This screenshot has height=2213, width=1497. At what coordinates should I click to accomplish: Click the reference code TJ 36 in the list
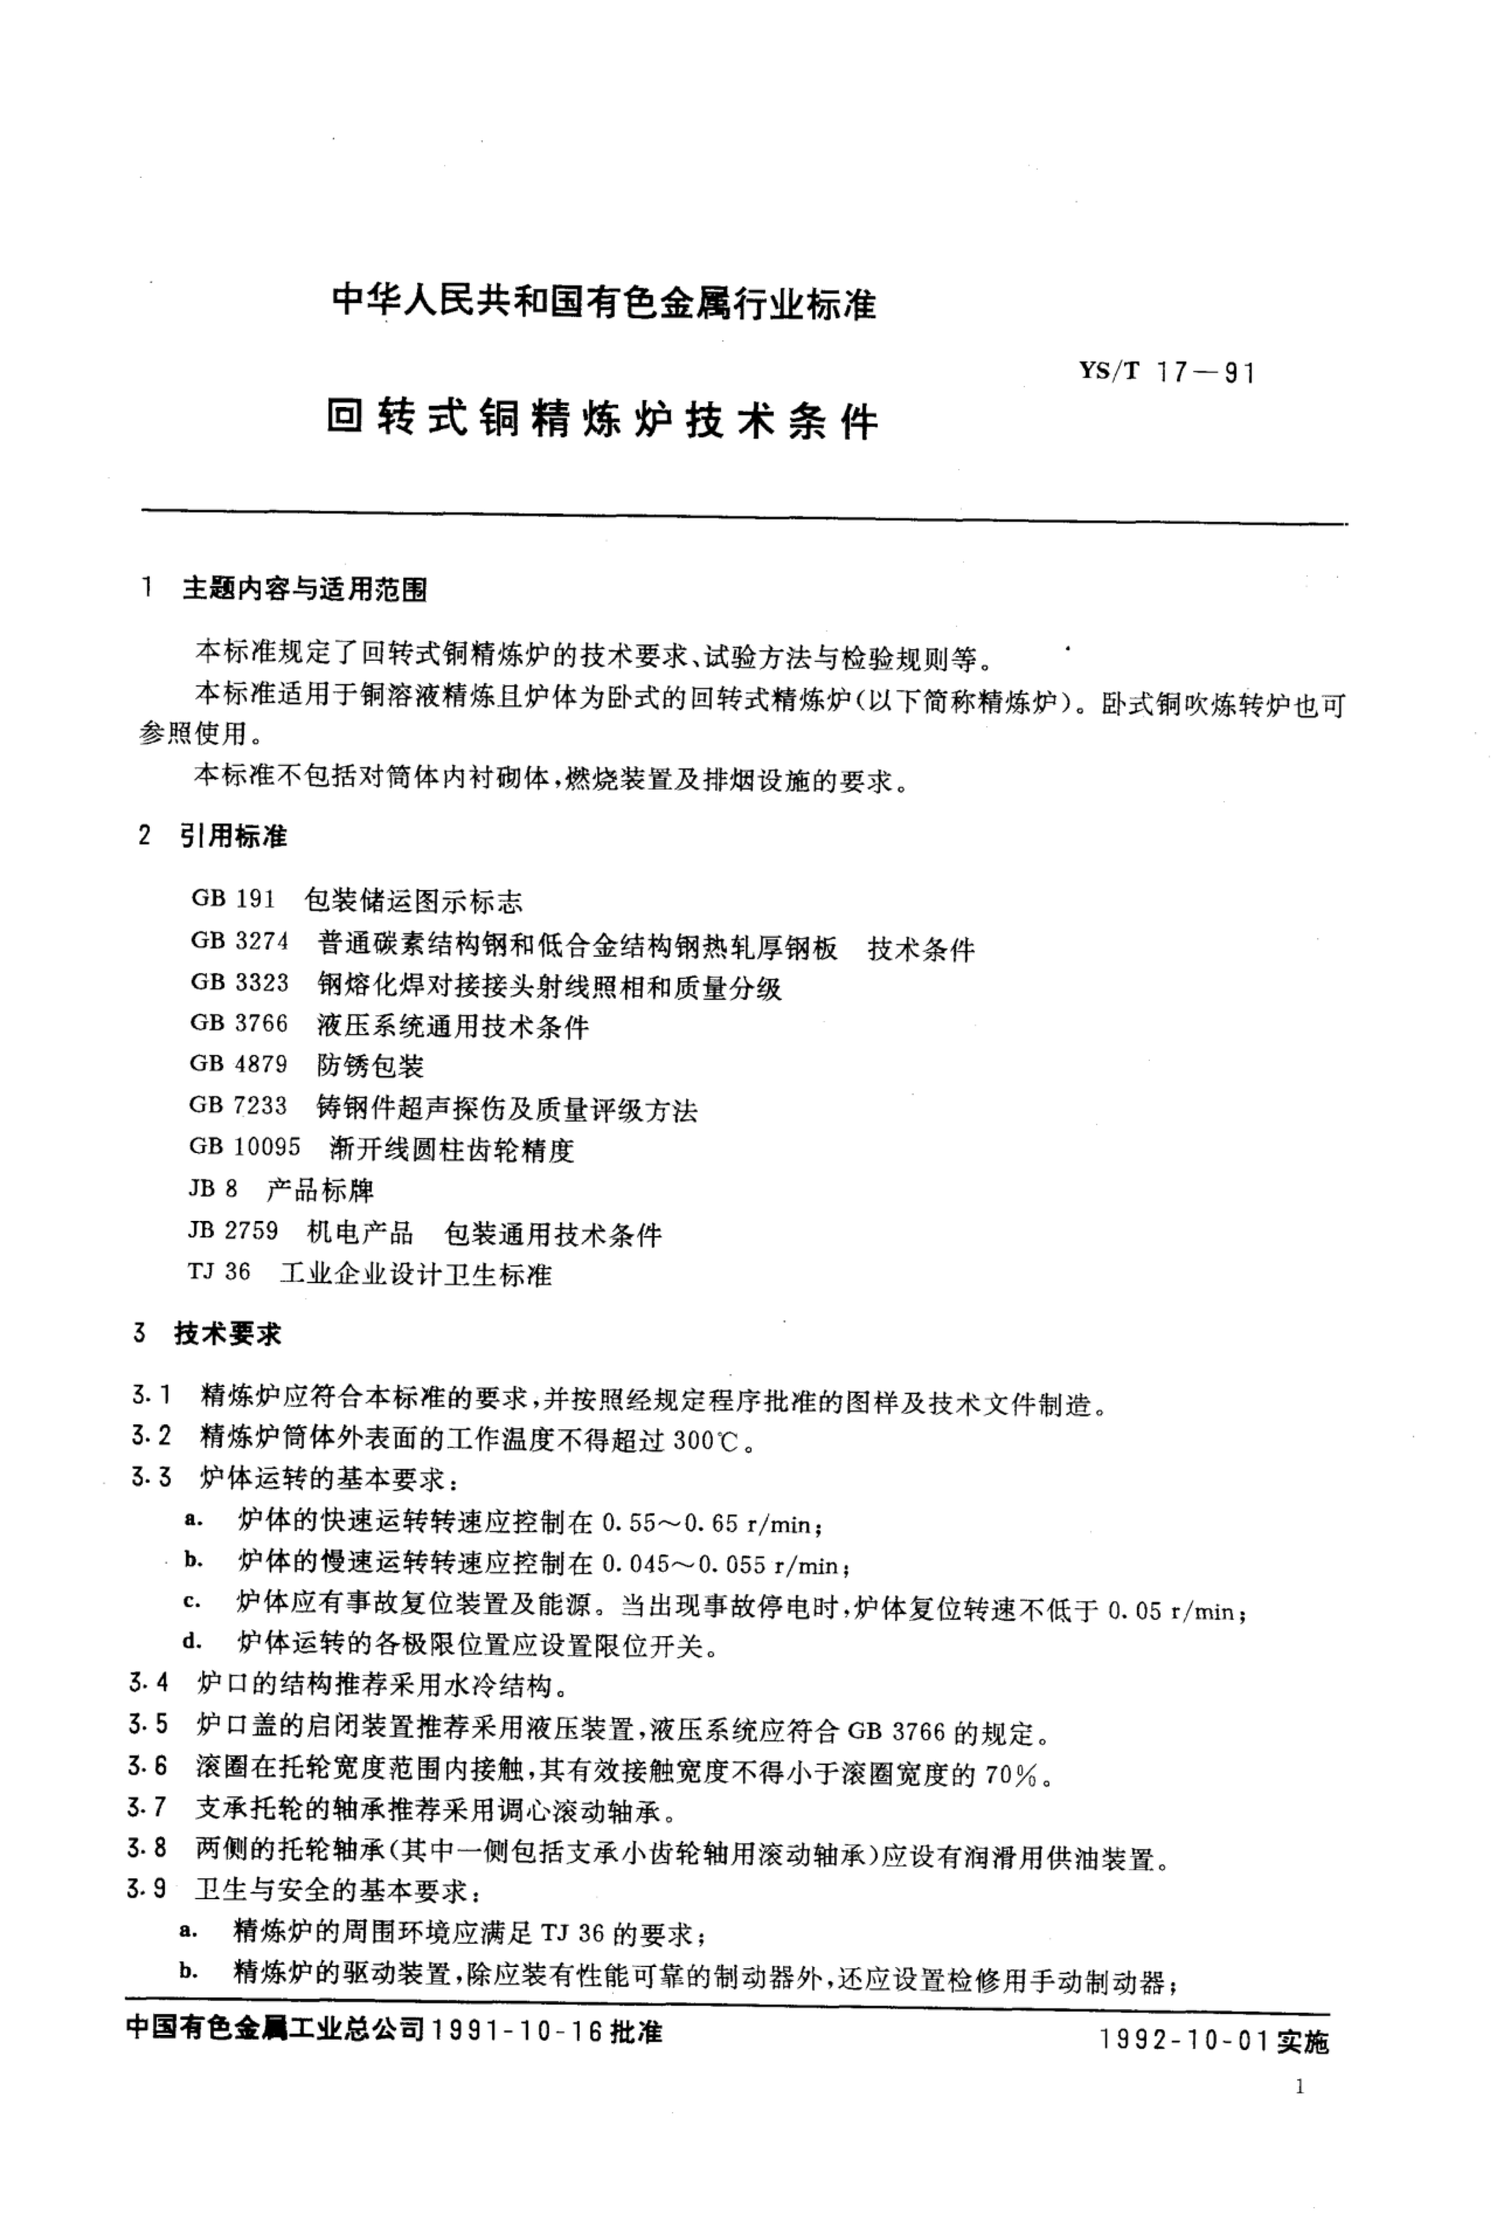(219, 1272)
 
